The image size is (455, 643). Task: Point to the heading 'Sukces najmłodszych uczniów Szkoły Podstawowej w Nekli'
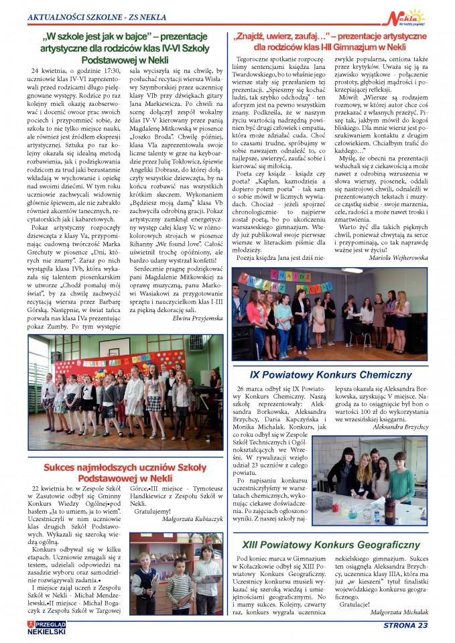coord(125,473)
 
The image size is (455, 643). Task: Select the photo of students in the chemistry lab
coord(369,480)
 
